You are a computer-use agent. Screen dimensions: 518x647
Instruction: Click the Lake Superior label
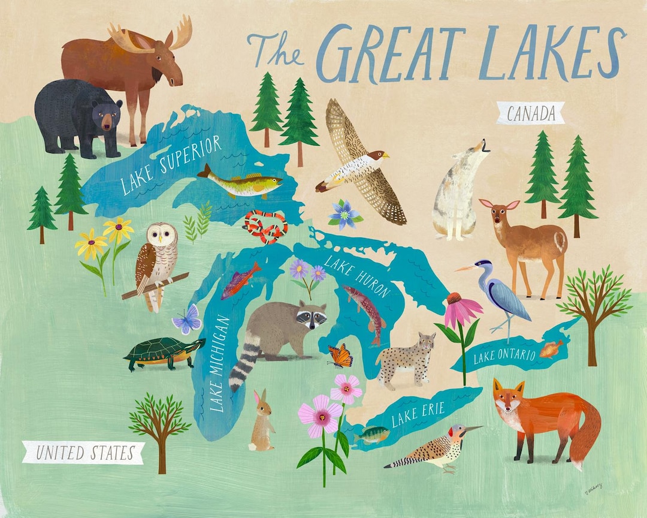(171, 165)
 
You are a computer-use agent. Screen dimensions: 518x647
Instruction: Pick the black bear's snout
(108, 124)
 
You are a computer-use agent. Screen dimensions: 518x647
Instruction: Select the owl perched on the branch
(156, 264)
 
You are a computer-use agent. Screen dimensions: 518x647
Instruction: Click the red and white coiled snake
(265, 227)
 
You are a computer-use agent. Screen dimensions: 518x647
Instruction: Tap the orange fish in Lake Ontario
(551, 348)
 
